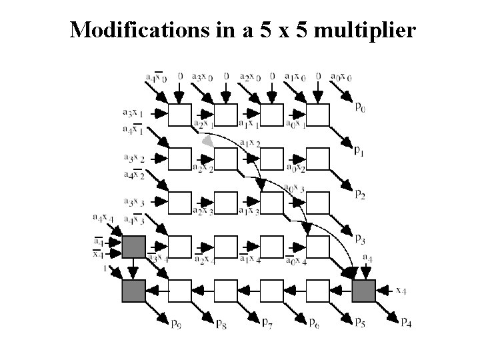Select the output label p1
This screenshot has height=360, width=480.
359,151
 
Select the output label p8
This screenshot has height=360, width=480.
221,324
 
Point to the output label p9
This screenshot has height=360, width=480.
175,324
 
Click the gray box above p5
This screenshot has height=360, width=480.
364,291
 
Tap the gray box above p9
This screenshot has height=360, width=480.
133,291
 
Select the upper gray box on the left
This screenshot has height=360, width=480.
133,247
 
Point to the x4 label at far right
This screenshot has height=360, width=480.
400,289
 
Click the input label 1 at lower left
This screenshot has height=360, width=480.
105,268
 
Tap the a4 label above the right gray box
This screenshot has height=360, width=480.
367,257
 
